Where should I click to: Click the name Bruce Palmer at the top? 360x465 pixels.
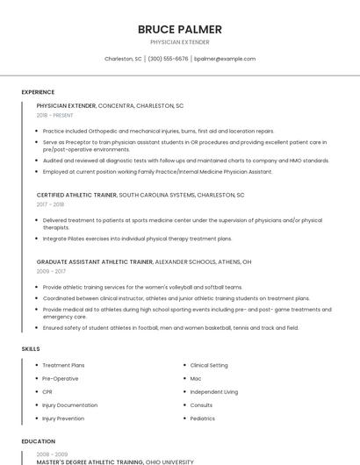click(x=180, y=29)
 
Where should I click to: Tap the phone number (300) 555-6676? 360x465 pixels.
click(x=168, y=59)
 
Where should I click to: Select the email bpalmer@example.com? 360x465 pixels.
click(x=225, y=59)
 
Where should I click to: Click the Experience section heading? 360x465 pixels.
click(x=38, y=92)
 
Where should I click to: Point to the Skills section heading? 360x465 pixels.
click(x=31, y=349)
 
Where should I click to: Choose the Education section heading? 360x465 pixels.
click(x=38, y=441)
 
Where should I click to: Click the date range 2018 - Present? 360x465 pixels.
click(x=54, y=115)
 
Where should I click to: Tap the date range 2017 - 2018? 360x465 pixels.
click(x=50, y=204)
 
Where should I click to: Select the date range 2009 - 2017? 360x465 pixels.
click(x=50, y=271)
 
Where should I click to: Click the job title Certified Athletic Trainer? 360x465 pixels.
click(x=77, y=195)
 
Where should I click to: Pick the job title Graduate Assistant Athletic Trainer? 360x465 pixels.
click(x=95, y=261)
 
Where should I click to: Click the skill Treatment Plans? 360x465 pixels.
click(x=63, y=365)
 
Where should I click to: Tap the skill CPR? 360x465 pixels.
click(x=47, y=391)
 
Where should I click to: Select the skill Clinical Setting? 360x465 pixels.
click(x=209, y=365)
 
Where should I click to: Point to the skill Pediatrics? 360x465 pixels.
click(x=202, y=418)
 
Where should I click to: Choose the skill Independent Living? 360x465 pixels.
click(x=213, y=391)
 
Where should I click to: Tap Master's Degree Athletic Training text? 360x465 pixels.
click(x=90, y=461)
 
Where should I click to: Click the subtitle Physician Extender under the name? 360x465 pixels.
click(x=180, y=41)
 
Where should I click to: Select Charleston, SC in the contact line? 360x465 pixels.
click(x=123, y=59)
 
